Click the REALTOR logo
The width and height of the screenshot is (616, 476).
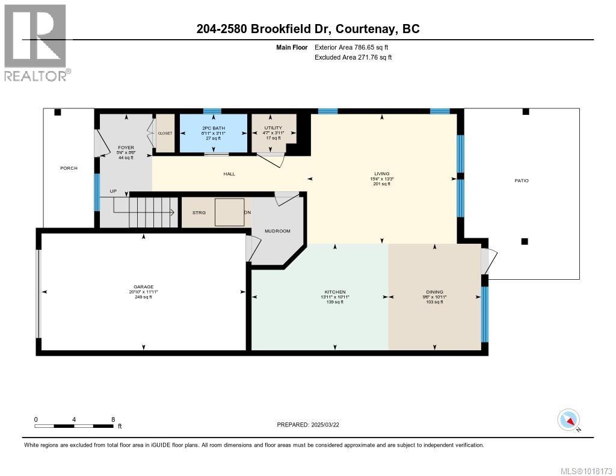coord(36,42)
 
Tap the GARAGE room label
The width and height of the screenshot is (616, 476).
coord(144,286)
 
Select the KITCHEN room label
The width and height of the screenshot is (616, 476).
coord(334,292)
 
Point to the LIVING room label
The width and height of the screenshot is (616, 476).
coord(381,173)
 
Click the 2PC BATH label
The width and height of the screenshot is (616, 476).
coord(211,128)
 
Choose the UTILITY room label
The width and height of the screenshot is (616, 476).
coord(273,128)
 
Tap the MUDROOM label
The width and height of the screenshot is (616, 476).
coord(279,231)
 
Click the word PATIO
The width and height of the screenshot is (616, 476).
coord(521,181)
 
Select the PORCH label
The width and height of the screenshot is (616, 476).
coord(69,168)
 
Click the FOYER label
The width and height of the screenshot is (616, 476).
coord(126,147)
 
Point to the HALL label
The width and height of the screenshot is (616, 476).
coord(229,174)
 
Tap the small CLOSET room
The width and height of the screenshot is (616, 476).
coord(165,133)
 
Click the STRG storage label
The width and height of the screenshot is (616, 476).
coord(199,213)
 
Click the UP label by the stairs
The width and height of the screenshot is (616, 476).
coord(113,191)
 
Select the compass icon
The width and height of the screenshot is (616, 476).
coord(568,419)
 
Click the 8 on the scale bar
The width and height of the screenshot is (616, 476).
coord(112,419)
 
